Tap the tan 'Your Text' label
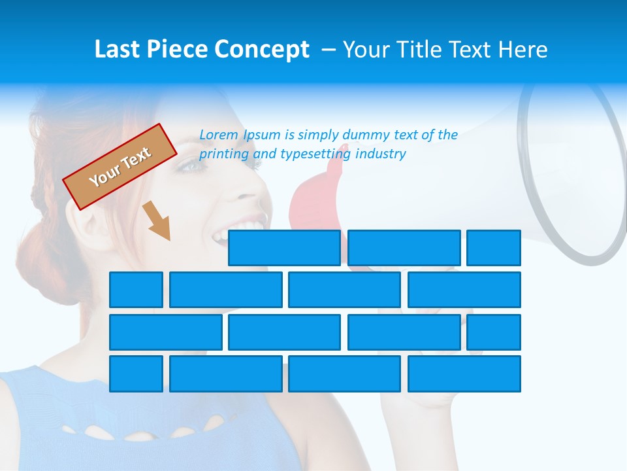point(120,167)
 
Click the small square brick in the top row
point(494,248)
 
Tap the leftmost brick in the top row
point(284,248)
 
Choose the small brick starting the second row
point(136,290)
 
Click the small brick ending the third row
point(494,332)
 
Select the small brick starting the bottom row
point(136,374)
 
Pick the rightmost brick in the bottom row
point(464,374)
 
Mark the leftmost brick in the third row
point(165,332)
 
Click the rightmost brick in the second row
point(464,290)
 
